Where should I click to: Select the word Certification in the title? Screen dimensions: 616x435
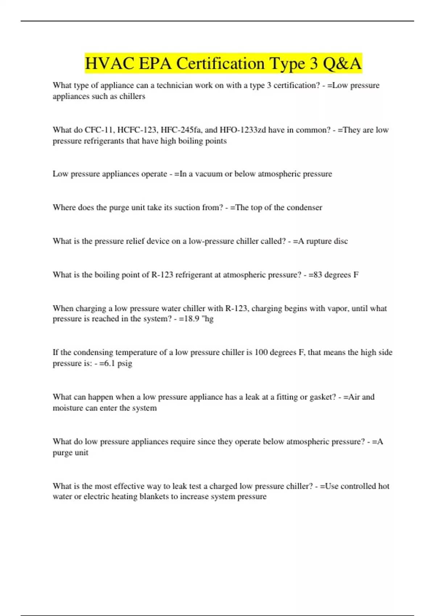click(x=220, y=64)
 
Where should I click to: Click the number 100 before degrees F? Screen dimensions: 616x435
click(x=261, y=353)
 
